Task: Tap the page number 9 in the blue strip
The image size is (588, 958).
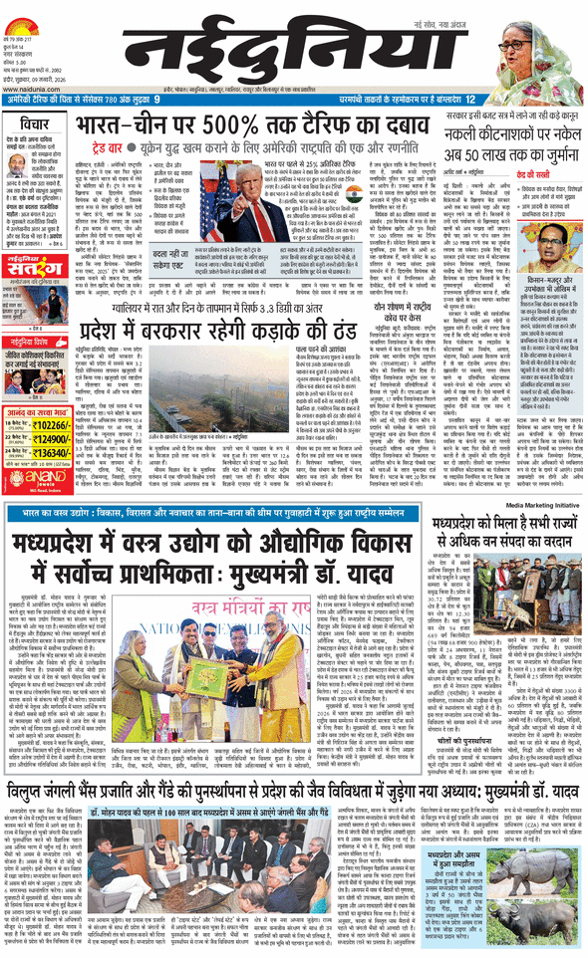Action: pyautogui.click(x=156, y=100)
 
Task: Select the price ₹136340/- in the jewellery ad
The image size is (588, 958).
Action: pyautogui.click(x=54, y=424)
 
